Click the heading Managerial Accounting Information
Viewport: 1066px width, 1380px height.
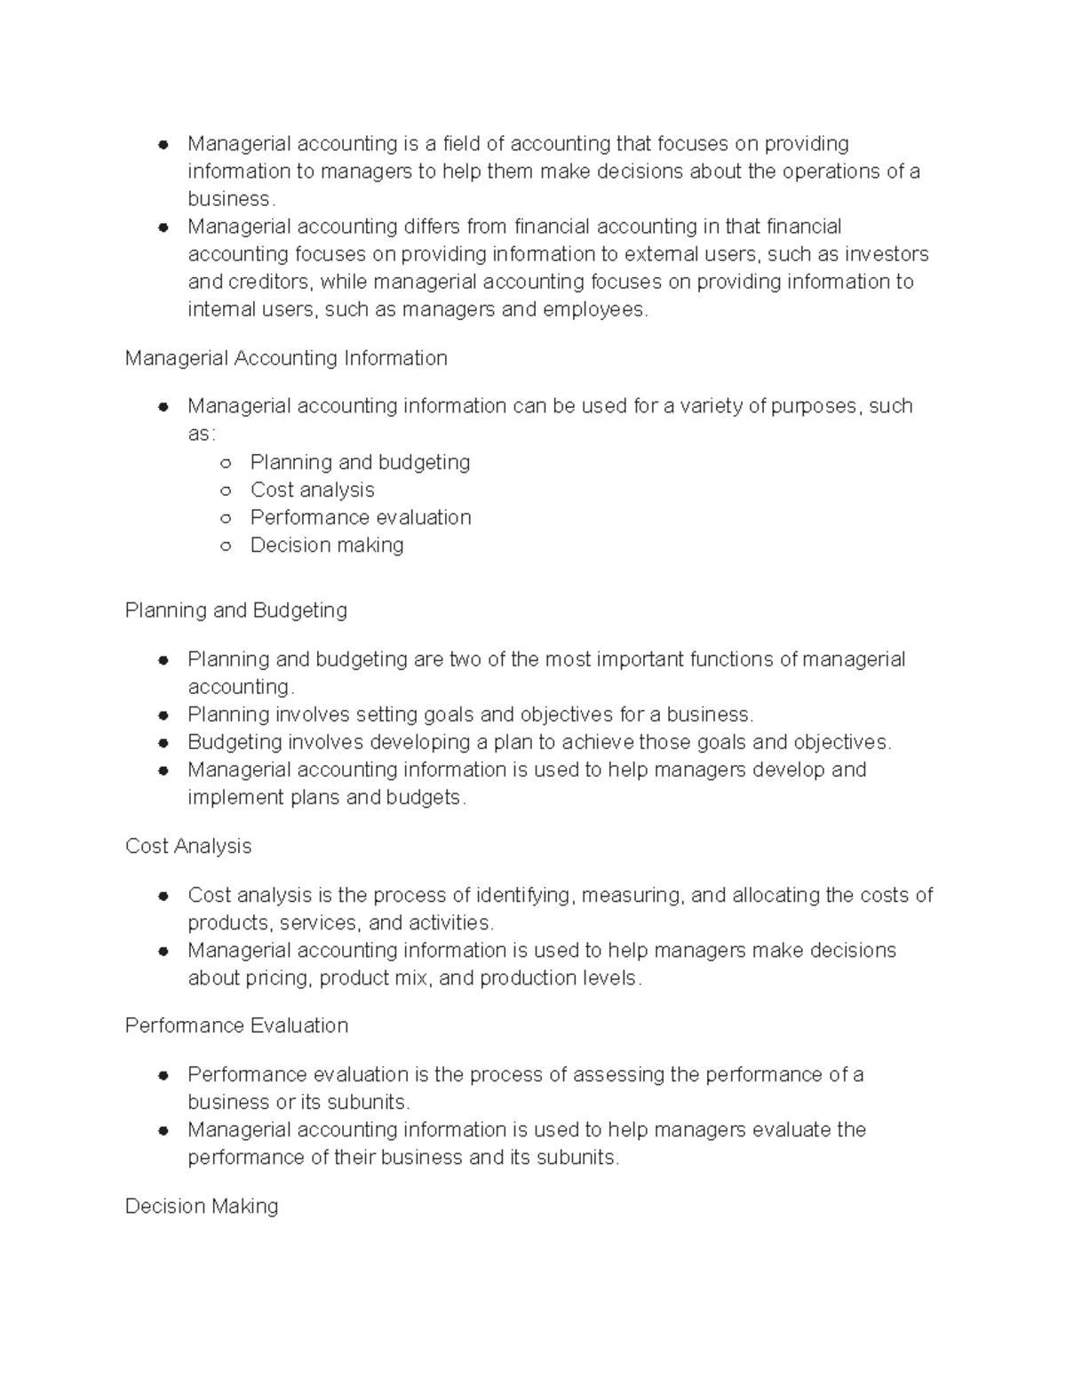point(286,358)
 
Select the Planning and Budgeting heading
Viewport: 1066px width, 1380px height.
point(236,610)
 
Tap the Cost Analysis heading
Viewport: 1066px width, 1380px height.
point(188,846)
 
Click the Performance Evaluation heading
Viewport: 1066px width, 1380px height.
point(236,1025)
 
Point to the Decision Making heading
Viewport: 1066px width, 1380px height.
point(202,1206)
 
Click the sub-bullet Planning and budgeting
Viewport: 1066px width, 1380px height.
point(360,462)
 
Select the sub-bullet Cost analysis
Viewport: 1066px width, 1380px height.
point(312,490)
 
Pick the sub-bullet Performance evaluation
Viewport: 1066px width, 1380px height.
point(361,517)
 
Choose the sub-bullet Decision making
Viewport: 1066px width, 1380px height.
point(327,545)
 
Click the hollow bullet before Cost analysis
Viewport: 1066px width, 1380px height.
point(226,491)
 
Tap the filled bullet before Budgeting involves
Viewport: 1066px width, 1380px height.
point(163,743)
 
